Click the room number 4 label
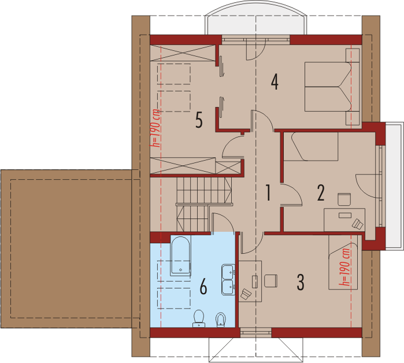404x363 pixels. click(x=275, y=82)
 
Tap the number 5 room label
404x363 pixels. click(x=199, y=120)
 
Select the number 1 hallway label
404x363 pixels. click(x=268, y=192)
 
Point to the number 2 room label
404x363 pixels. click(x=321, y=192)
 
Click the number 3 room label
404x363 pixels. click(x=301, y=282)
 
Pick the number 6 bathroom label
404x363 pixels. click(x=203, y=287)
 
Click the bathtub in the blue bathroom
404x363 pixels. click(x=180, y=255)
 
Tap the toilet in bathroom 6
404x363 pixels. click(x=199, y=318)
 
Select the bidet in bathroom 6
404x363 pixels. click(x=221, y=320)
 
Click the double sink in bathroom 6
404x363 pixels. click(x=228, y=280)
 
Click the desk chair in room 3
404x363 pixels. click(x=271, y=281)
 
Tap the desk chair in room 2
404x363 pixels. click(x=344, y=199)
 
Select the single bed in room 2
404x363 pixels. click(x=311, y=146)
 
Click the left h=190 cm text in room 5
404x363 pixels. click(x=157, y=128)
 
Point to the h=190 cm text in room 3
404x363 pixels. click(x=344, y=266)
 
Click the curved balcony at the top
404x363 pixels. click(x=256, y=17)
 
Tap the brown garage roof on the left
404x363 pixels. click(x=69, y=249)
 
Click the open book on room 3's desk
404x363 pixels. click(x=246, y=294)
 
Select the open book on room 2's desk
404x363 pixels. click(x=358, y=224)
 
